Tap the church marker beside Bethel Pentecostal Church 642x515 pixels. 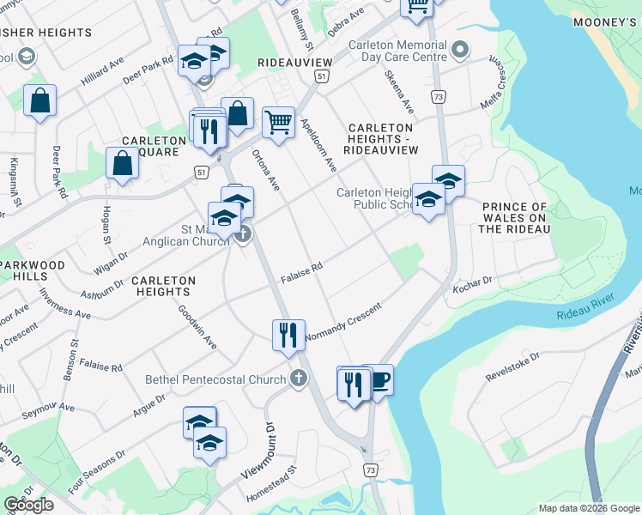298,378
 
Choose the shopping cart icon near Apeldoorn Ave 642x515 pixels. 278,122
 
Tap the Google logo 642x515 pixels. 28,505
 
